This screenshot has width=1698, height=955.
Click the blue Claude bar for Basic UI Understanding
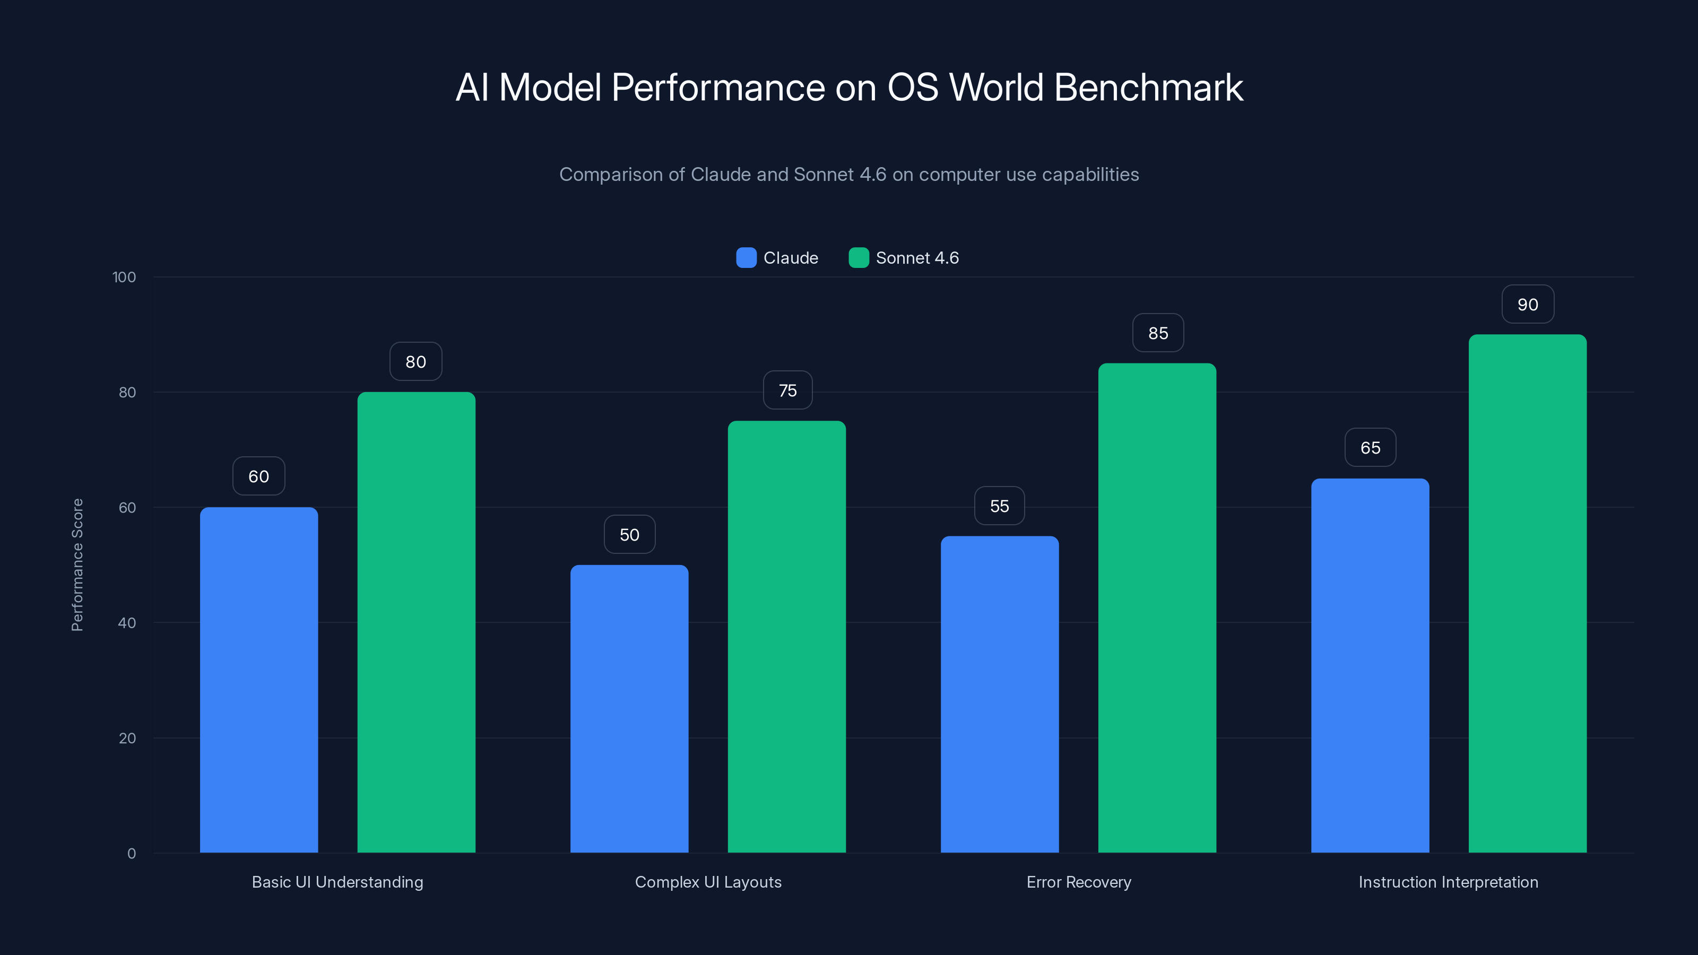[258, 679]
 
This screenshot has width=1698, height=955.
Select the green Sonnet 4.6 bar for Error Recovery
[1157, 606]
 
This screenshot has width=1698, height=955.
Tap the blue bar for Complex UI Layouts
[629, 708]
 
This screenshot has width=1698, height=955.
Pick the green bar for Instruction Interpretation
[1527, 593]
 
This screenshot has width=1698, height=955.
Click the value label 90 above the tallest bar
[1527, 305]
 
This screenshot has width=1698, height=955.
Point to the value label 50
[629, 534]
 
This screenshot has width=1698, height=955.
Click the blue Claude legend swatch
[746, 258]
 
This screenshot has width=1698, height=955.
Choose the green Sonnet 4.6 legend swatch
[858, 258]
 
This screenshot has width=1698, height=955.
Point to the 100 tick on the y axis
[124, 277]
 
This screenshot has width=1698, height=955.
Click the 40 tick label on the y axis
[127, 623]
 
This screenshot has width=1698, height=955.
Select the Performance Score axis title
[77, 565]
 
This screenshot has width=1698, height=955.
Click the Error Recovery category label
[1078, 882]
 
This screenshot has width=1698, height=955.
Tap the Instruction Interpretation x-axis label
[1448, 882]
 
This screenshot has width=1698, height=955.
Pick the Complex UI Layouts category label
[708, 882]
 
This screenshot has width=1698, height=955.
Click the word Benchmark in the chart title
[1148, 88]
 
